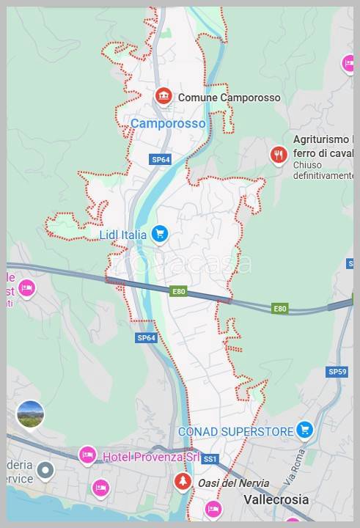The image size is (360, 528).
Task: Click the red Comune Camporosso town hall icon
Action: point(163,97)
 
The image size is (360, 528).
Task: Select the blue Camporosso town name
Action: point(168,124)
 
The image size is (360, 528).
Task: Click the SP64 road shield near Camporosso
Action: point(161,159)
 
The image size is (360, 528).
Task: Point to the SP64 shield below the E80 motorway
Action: point(147,338)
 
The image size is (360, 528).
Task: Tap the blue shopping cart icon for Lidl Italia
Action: point(160,235)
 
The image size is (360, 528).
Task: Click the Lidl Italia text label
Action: point(123,235)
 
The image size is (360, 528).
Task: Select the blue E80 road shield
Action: point(180,291)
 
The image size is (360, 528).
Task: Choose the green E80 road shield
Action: point(279,309)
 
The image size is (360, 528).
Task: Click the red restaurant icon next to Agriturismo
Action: point(277,155)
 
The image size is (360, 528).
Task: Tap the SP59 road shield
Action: point(337,372)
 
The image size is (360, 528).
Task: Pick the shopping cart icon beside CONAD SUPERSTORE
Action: point(304,430)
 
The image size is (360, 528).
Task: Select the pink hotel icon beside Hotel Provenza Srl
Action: point(87,455)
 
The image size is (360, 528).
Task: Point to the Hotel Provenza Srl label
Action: point(151,457)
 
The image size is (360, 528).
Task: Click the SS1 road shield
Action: point(210,458)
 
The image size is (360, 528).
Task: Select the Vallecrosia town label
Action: point(275,499)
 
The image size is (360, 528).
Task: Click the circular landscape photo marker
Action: point(30,415)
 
